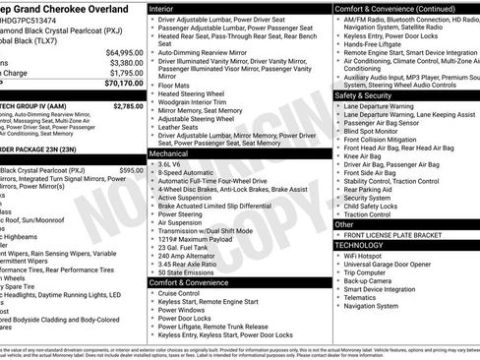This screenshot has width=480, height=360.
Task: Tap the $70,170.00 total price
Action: click(x=123, y=85)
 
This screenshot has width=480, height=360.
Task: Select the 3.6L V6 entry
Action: click(x=174, y=165)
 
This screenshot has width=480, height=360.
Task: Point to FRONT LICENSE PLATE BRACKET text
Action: click(x=399, y=235)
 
